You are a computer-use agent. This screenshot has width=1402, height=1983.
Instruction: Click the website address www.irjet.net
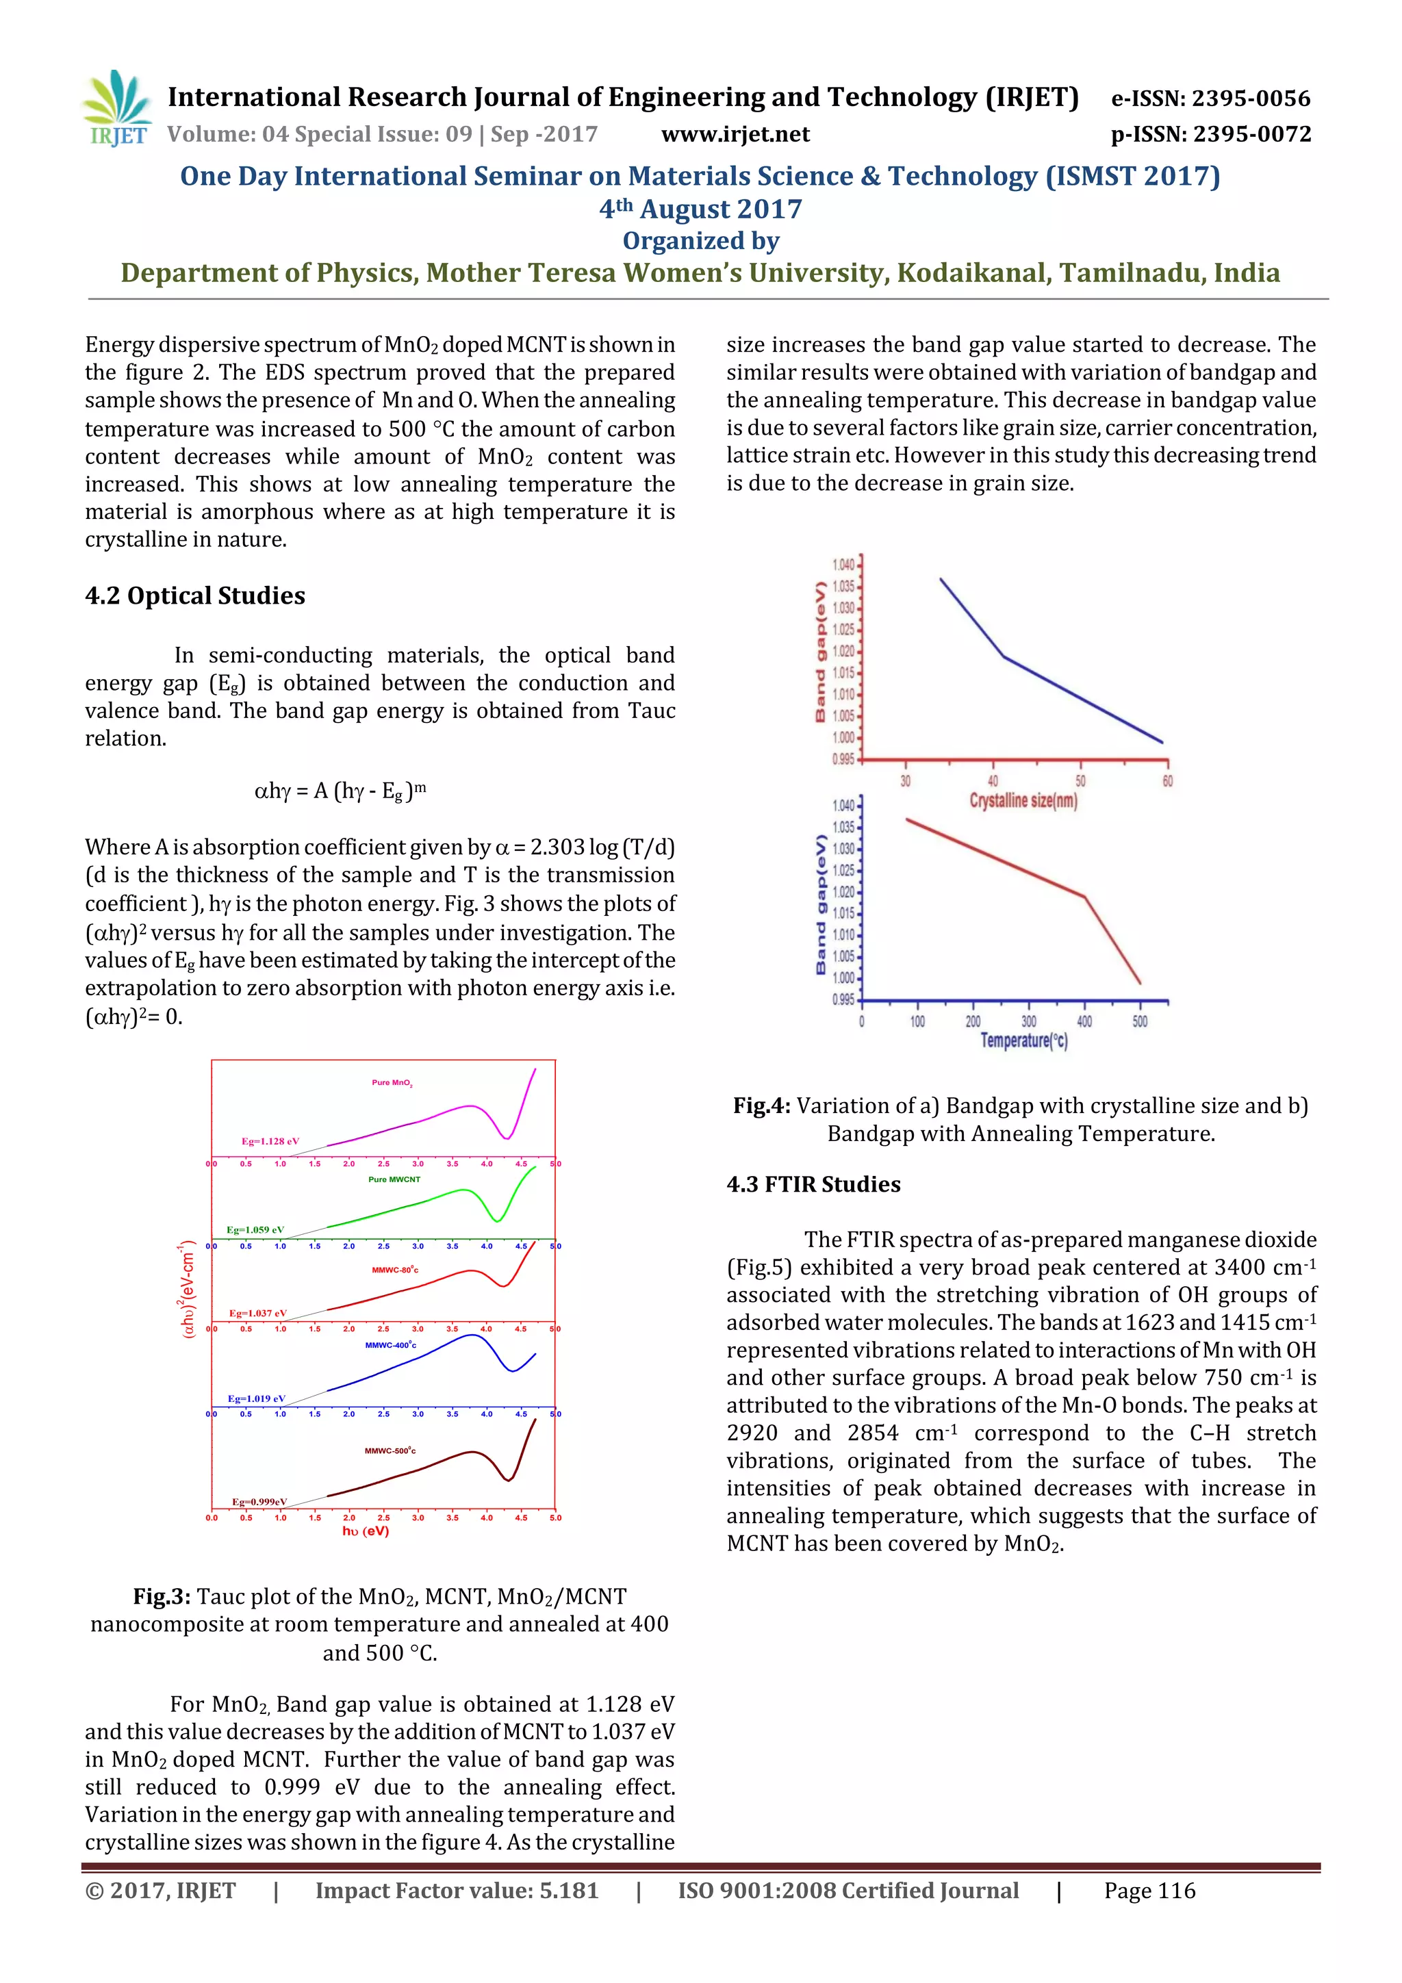click(x=735, y=135)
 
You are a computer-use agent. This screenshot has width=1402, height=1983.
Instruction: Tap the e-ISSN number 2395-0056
click(x=1251, y=99)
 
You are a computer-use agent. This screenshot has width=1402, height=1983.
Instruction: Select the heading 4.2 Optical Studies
click(x=195, y=596)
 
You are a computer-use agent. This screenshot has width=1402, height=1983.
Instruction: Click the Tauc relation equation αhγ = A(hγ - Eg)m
click(x=340, y=791)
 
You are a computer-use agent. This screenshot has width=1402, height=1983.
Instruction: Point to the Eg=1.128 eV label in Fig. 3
click(x=270, y=1141)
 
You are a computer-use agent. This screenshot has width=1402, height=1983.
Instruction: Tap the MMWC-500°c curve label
click(x=390, y=1451)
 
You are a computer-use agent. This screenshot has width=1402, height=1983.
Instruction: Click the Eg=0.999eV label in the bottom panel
click(x=259, y=1502)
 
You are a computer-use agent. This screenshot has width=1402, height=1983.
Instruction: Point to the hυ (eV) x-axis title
click(x=366, y=1531)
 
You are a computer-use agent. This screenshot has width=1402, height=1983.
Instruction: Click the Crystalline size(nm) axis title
click(x=1023, y=802)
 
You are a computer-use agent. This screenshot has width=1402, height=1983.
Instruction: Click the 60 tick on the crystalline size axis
click(x=1167, y=781)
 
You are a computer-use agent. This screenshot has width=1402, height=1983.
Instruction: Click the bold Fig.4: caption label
click(x=761, y=1106)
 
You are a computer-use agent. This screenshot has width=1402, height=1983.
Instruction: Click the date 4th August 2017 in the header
click(x=700, y=209)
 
